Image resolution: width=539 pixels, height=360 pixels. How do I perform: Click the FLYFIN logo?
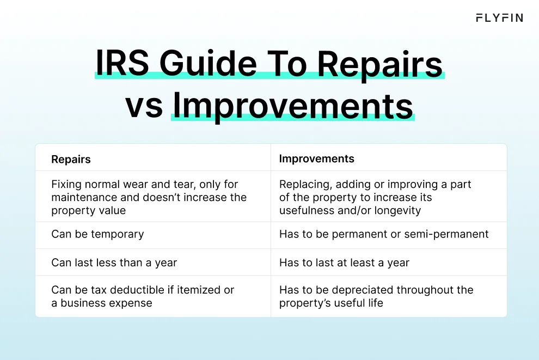[499, 18]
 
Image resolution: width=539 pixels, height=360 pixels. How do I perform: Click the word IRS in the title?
[122, 64]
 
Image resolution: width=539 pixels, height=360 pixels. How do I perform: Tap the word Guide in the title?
[208, 64]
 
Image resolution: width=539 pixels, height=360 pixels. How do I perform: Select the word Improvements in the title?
[293, 106]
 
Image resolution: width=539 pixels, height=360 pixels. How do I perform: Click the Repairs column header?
[71, 159]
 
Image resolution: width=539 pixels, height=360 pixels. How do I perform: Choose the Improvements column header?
[316, 158]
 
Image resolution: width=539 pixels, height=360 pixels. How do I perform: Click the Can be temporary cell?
[97, 234]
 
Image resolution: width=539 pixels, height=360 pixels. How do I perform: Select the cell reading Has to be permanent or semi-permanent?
[384, 234]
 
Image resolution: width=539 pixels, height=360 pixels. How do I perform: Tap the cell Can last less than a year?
[114, 263]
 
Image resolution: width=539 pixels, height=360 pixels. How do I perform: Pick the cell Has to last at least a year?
[344, 263]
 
